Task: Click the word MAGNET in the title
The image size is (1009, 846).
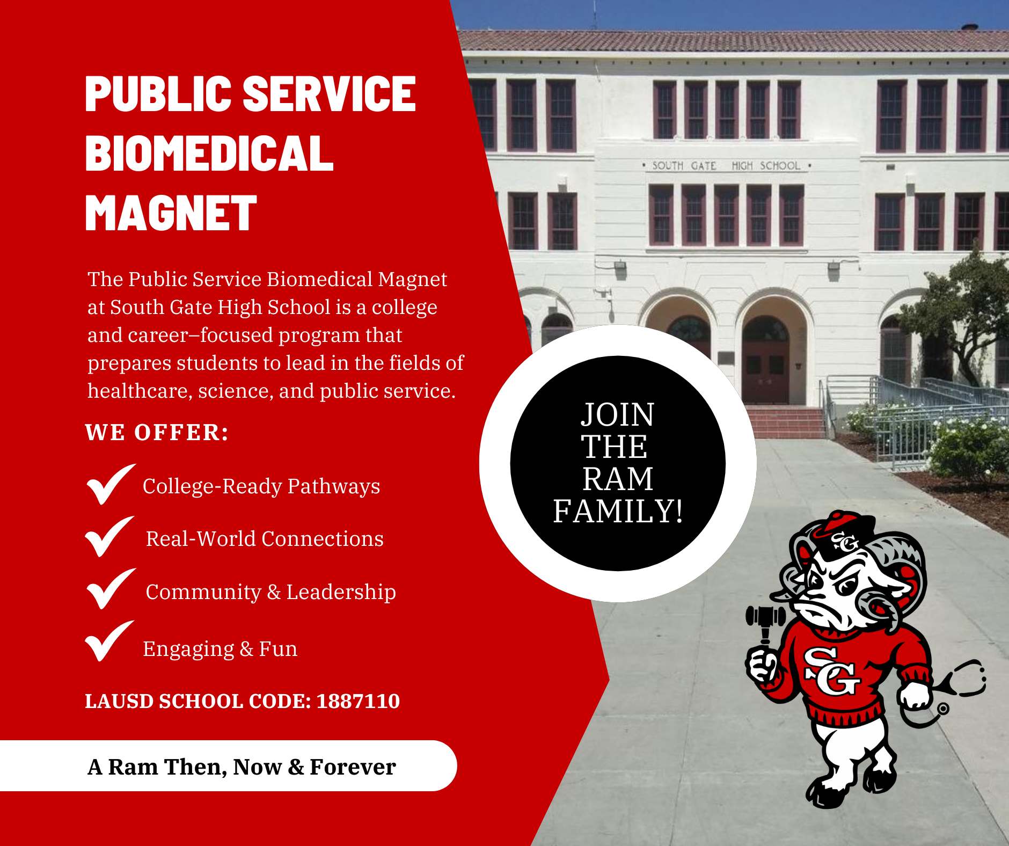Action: tap(171, 213)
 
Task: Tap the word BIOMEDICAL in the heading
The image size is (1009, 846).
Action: tap(209, 153)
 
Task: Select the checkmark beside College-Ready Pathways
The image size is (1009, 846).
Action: tap(111, 484)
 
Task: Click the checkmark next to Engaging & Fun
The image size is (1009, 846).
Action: tap(109, 641)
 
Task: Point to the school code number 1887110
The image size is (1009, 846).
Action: tap(358, 701)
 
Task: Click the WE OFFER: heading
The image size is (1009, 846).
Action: tap(157, 432)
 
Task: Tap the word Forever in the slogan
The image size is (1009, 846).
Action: tap(353, 767)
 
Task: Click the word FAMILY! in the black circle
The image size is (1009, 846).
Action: tap(618, 510)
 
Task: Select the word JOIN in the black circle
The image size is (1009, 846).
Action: tap(618, 414)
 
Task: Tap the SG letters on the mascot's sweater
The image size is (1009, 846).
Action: tap(831, 670)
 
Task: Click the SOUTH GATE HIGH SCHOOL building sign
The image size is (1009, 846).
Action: tap(726, 166)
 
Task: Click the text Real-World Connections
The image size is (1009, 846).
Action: tap(265, 539)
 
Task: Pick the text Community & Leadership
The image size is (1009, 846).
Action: tap(271, 592)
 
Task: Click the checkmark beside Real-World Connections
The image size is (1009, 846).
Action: tap(109, 536)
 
